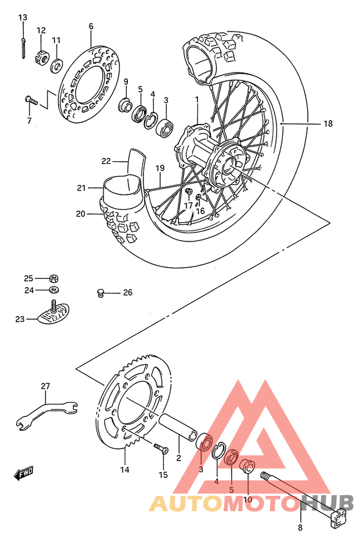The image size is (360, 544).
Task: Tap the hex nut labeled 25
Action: pyautogui.click(x=55, y=278)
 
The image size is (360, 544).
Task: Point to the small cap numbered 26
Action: pyautogui.click(x=100, y=293)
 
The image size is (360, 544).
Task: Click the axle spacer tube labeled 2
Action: pyautogui.click(x=178, y=427)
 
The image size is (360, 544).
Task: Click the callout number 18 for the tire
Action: pyautogui.click(x=328, y=124)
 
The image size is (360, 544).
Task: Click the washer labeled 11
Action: pyautogui.click(x=57, y=65)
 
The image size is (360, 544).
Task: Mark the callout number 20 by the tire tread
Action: pyautogui.click(x=80, y=214)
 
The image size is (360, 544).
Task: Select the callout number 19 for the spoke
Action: pyautogui.click(x=160, y=168)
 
